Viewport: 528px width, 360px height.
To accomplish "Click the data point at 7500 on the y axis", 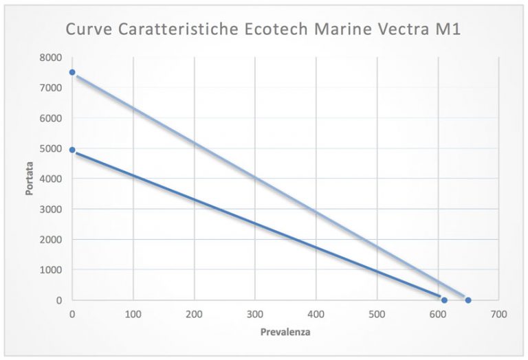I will tap(72, 72).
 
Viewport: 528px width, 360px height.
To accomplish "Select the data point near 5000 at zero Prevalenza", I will tap(72, 149).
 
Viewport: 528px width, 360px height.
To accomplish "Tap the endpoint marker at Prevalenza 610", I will tap(444, 300).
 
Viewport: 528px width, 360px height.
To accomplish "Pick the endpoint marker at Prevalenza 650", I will tap(468, 300).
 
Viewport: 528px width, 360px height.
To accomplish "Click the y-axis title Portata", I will tap(30, 179).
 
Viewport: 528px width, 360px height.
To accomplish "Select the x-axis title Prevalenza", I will tap(285, 332).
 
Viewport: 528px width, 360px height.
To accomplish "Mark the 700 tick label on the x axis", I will tap(498, 314).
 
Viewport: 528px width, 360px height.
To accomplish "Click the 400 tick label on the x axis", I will tap(316, 314).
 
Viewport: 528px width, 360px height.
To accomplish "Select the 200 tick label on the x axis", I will tap(194, 314).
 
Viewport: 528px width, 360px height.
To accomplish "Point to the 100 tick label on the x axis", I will tap(133, 314).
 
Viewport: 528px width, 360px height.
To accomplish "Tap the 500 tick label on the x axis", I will tap(377, 314).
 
